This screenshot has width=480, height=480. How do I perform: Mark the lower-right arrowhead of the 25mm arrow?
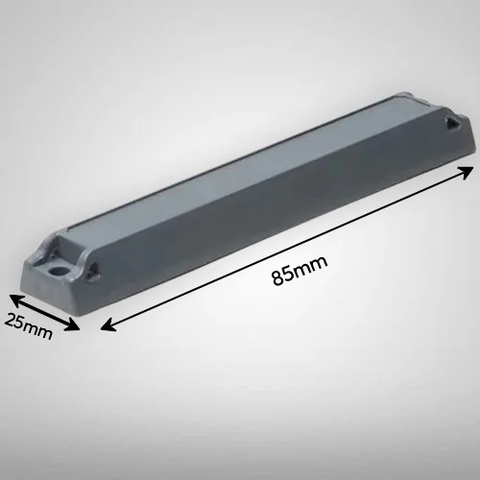tap(72, 326)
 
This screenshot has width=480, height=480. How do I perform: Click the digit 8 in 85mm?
tap(277, 278)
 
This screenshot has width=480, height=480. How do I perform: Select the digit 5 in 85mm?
tap(288, 275)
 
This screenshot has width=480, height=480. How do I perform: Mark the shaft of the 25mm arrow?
tap(44, 312)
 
